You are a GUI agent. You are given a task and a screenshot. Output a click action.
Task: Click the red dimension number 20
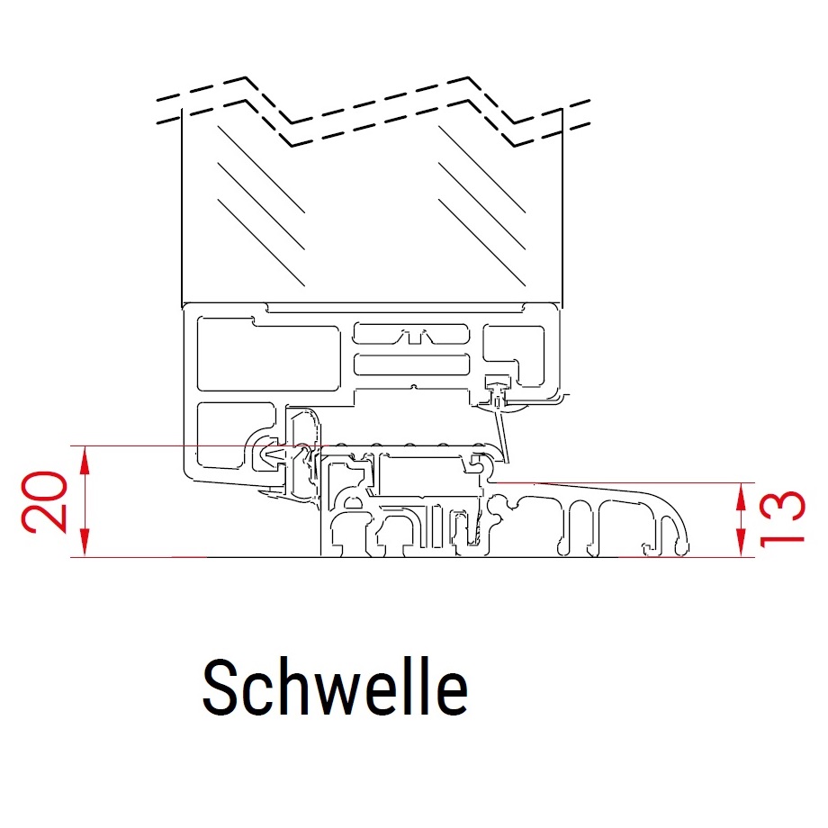click(x=45, y=501)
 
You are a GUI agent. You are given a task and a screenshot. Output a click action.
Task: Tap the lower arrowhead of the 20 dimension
click(x=85, y=543)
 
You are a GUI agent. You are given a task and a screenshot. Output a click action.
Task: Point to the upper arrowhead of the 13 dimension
click(x=742, y=497)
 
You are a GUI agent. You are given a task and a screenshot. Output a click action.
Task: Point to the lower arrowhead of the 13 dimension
click(x=742, y=544)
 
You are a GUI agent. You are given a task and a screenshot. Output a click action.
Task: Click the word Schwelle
click(x=336, y=687)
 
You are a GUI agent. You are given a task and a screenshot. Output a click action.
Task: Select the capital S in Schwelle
click(x=219, y=688)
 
